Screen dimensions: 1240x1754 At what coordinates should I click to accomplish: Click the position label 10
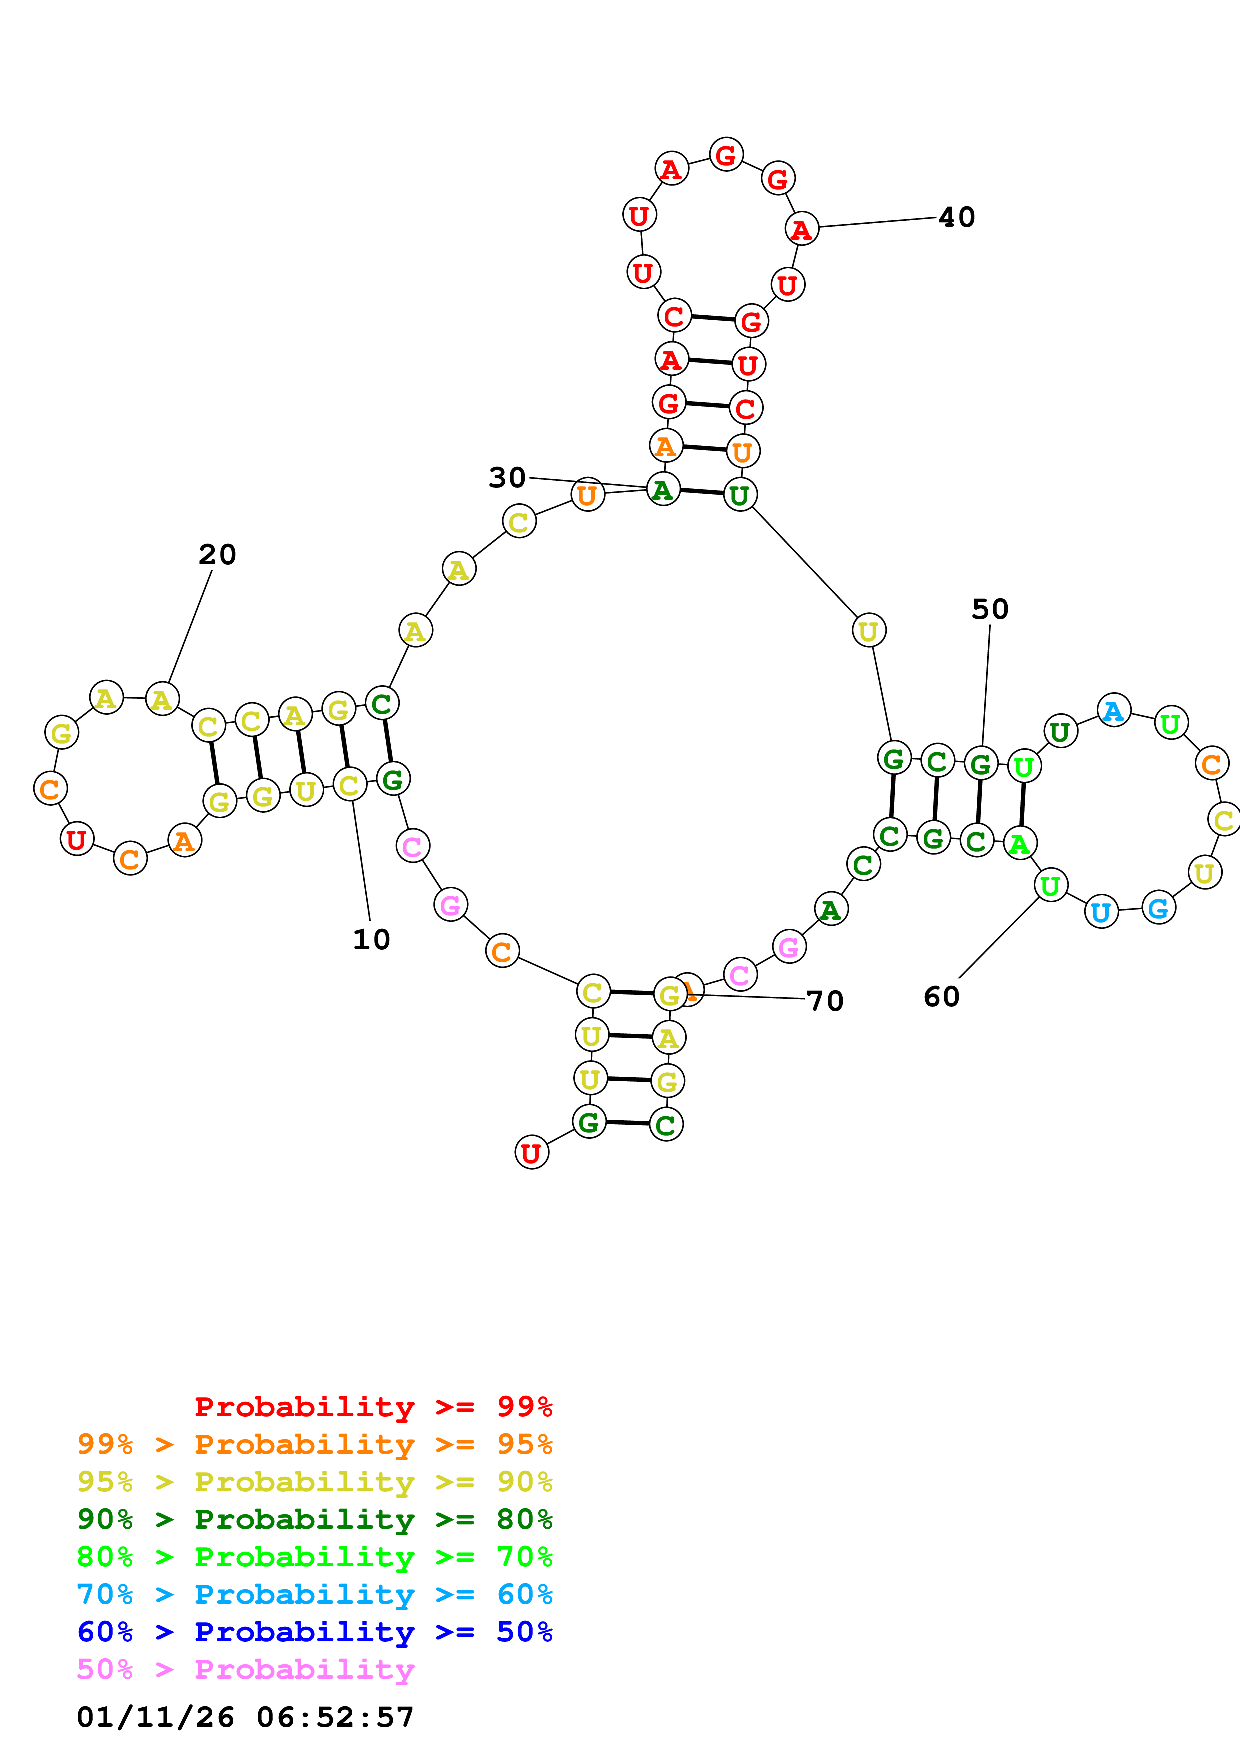371,939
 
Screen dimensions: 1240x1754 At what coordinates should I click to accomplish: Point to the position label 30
507,478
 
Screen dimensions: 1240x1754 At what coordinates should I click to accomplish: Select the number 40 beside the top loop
956,217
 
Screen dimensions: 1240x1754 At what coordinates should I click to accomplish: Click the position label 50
990,609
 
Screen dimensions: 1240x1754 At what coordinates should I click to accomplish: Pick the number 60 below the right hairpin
941,997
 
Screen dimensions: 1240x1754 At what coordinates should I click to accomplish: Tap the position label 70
825,1001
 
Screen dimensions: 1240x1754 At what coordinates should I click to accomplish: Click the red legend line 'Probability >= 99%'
373,1407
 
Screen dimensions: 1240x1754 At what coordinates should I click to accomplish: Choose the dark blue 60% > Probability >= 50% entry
314,1632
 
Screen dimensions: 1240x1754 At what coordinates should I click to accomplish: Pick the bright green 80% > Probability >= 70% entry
314,1557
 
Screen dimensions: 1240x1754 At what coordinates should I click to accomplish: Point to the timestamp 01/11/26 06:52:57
245,1717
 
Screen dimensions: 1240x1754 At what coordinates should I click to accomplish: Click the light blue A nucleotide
1114,711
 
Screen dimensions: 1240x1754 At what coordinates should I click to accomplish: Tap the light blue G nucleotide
1158,908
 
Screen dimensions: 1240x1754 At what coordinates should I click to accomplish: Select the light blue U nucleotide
1101,912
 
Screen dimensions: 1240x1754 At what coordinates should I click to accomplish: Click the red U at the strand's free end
531,1153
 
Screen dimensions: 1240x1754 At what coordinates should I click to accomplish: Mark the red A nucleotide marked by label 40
801,229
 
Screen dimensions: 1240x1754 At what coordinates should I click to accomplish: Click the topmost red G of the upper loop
726,155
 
